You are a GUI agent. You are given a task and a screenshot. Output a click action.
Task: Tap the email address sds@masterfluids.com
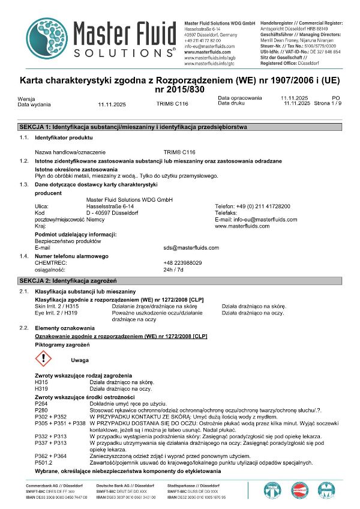pyautogui.click(x=191, y=247)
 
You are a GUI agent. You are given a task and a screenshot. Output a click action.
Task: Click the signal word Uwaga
pyautogui.click(x=80, y=360)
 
